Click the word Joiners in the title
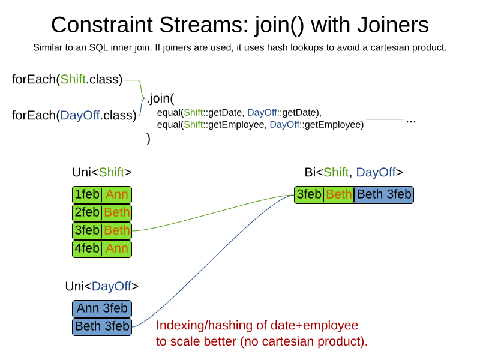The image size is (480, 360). pyautogui.click(x=390, y=25)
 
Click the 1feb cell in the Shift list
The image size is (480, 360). pyautogui.click(x=87, y=195)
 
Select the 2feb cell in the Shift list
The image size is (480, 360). pyautogui.click(x=87, y=213)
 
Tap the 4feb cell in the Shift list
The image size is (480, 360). pyautogui.click(x=87, y=248)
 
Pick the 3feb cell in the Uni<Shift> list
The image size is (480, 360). pyautogui.click(x=87, y=230)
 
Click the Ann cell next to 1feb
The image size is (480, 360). pyautogui.click(x=116, y=195)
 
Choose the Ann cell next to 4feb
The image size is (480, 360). pyautogui.click(x=116, y=248)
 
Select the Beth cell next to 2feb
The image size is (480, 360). pyautogui.click(x=116, y=213)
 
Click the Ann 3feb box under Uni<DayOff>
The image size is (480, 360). pyautogui.click(x=102, y=309)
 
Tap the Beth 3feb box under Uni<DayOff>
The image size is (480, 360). pyautogui.click(x=102, y=327)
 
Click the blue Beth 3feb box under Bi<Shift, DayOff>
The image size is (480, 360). pyautogui.click(x=384, y=195)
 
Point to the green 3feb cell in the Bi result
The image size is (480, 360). pyautogui.click(x=310, y=195)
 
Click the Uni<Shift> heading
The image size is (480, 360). pyautogui.click(x=101, y=173)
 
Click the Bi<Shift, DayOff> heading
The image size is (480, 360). pyautogui.click(x=353, y=173)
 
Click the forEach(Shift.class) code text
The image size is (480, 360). pyautogui.click(x=67, y=80)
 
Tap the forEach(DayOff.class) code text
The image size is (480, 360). pyautogui.click(x=74, y=115)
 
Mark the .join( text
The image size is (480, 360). pyautogui.click(x=160, y=98)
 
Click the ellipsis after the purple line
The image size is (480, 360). pyautogui.click(x=411, y=121)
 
